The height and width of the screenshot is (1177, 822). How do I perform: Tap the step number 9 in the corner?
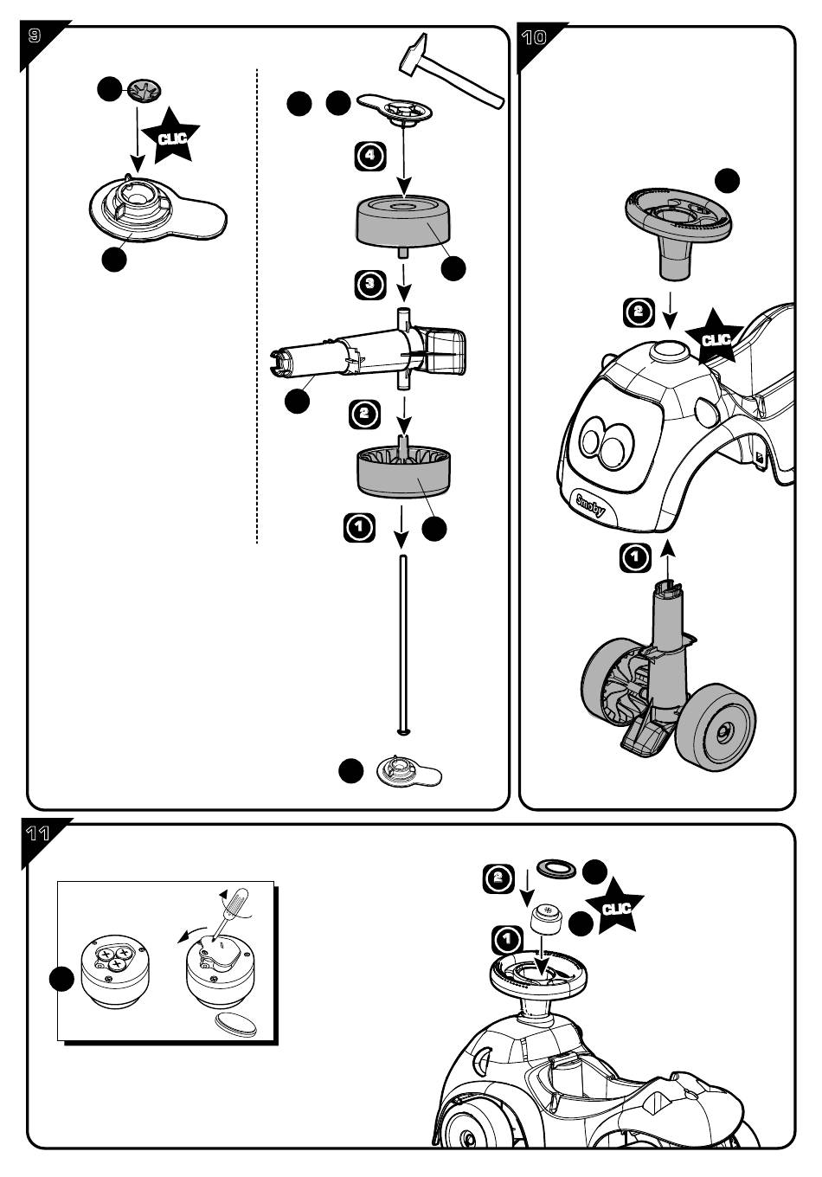(x=34, y=36)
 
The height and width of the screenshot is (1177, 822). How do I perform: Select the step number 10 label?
(x=534, y=37)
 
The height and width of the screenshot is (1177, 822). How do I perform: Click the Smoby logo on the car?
(x=591, y=505)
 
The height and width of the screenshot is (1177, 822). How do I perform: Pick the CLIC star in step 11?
(x=614, y=908)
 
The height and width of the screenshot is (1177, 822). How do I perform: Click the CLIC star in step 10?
(x=716, y=339)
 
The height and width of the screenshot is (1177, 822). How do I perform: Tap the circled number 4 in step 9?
(x=370, y=156)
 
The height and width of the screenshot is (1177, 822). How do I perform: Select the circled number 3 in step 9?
(x=369, y=284)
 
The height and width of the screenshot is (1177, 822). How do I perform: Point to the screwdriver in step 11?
(x=230, y=911)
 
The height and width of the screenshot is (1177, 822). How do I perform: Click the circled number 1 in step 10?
(x=635, y=556)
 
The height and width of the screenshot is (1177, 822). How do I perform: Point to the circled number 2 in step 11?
(x=498, y=878)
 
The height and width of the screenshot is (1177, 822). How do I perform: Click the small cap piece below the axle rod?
(x=409, y=771)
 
